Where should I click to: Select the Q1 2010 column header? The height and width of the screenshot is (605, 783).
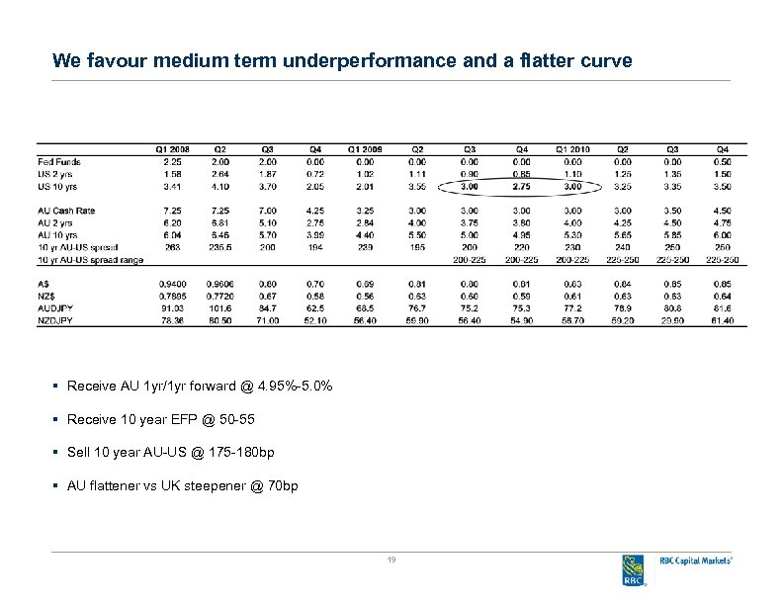572,149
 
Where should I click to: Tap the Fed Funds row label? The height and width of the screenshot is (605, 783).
59,161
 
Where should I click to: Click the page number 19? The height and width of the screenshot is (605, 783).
391,561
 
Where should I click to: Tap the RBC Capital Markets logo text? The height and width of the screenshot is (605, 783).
696,561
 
